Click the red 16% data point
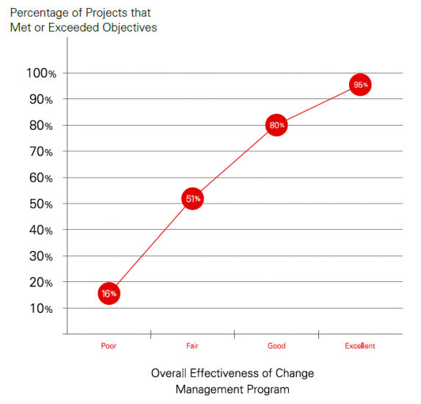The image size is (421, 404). pyautogui.click(x=109, y=293)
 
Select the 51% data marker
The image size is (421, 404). pyautogui.click(x=192, y=199)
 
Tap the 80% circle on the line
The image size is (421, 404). pyautogui.click(x=276, y=126)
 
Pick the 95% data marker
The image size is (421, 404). pyautogui.click(x=359, y=85)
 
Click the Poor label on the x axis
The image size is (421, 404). pyautogui.click(x=109, y=345)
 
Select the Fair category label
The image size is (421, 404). pyautogui.click(x=192, y=345)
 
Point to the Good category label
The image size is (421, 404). pyautogui.click(x=276, y=345)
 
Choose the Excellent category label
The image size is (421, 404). pyautogui.click(x=359, y=345)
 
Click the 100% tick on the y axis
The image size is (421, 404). pyautogui.click(x=40, y=73)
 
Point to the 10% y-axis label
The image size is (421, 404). pyautogui.click(x=40, y=309)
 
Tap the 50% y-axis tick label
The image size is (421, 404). pyautogui.click(x=40, y=204)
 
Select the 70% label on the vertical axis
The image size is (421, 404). pyautogui.click(x=40, y=152)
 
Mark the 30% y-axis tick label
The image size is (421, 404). pyautogui.click(x=40, y=256)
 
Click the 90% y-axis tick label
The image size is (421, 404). pyautogui.click(x=40, y=99)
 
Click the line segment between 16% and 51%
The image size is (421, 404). pyautogui.click(x=150, y=246)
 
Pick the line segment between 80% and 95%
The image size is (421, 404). pyautogui.click(x=318, y=105)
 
